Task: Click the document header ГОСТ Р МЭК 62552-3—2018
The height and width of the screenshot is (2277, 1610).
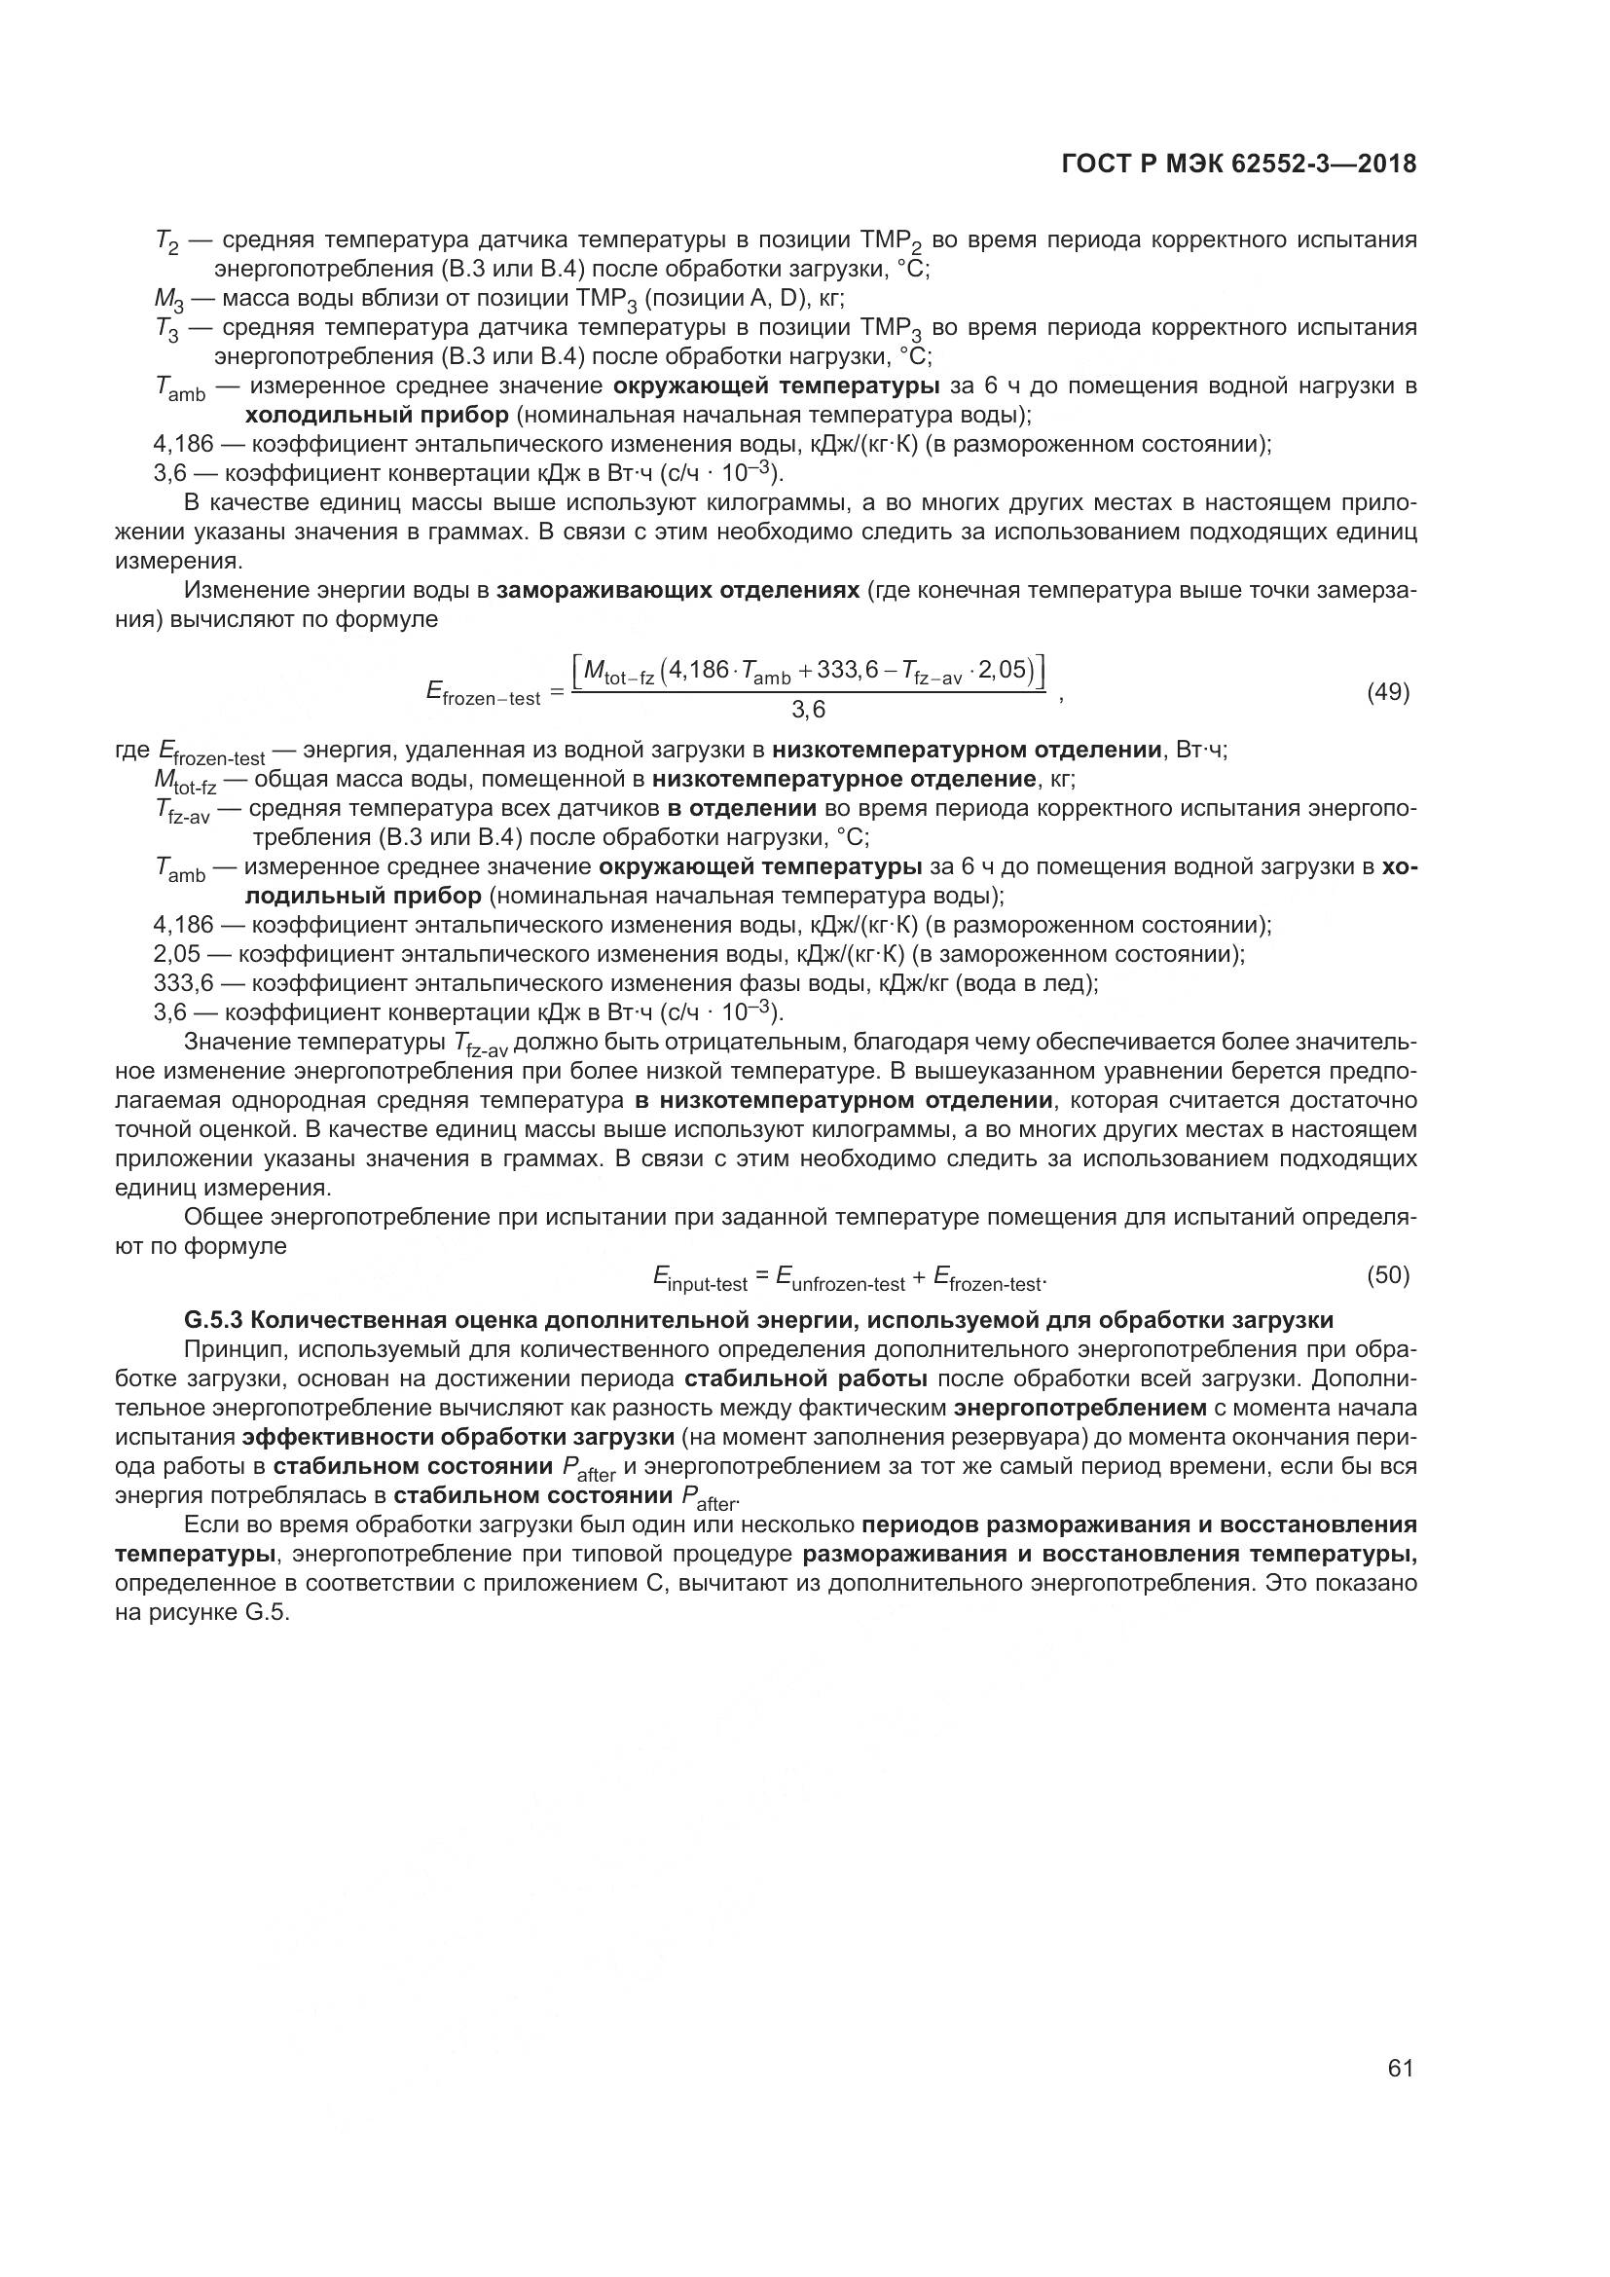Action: tap(1238, 165)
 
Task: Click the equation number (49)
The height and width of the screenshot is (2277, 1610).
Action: tap(1388, 692)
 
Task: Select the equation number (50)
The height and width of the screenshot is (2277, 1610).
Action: tap(1388, 1275)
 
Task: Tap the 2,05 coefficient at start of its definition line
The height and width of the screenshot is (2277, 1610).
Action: tap(176, 954)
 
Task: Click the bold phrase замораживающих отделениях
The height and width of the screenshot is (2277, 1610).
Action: tap(677, 591)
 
